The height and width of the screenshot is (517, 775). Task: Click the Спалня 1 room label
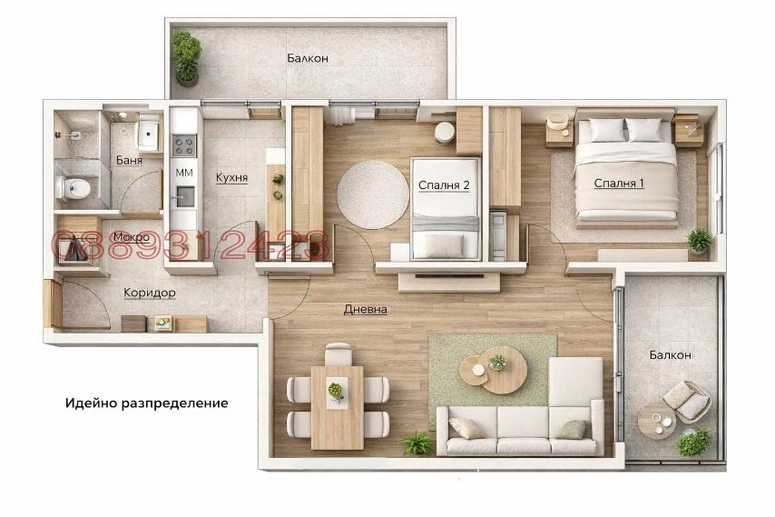619,184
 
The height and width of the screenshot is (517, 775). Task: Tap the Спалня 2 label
444,185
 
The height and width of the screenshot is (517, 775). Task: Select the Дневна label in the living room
366,309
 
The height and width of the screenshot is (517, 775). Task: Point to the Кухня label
231,177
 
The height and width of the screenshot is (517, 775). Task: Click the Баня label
129,161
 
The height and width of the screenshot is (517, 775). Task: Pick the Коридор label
150,293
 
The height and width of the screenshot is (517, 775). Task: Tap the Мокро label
132,237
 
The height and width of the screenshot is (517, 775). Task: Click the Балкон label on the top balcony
308,58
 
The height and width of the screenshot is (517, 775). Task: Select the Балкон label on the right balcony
670,354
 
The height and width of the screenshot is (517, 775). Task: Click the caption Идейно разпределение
146,402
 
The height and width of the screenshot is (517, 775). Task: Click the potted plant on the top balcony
187,55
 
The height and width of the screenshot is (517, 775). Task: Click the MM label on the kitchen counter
184,173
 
